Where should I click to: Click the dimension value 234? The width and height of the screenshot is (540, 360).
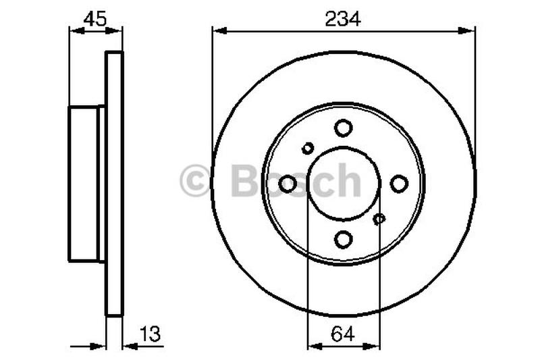click(344, 19)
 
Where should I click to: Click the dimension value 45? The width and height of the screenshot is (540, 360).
click(95, 19)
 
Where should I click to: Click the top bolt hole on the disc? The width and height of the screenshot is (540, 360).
click(344, 128)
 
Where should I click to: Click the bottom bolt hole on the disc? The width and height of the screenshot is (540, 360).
click(344, 238)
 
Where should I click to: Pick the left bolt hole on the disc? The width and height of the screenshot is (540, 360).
click(288, 183)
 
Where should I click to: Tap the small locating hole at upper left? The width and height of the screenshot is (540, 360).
click(308, 148)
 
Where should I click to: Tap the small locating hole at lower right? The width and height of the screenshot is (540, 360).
click(379, 218)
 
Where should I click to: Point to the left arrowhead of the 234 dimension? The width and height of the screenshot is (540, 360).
click(217, 30)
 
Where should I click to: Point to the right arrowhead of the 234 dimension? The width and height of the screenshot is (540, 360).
click(470, 30)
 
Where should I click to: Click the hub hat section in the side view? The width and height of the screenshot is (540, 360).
click(84, 183)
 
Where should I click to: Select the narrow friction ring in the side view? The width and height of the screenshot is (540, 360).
click(115, 183)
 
